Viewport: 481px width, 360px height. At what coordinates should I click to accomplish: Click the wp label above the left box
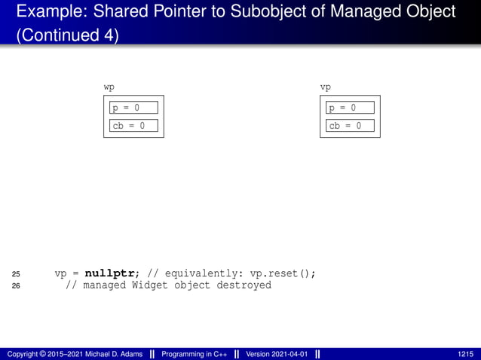pos(109,87)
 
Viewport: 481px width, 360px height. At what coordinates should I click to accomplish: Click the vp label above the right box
pos(326,87)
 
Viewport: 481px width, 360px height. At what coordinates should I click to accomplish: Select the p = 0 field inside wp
pos(133,108)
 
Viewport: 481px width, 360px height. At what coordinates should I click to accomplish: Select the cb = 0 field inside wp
pos(133,126)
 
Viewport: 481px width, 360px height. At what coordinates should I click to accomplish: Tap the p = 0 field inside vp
pos(350,108)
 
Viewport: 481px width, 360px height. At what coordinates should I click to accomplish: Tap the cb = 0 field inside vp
pos(350,126)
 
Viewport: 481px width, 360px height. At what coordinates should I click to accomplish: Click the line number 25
pos(17,273)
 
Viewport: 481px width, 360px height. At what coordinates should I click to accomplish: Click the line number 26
pos(17,285)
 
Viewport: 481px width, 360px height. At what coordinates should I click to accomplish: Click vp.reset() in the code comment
pos(283,273)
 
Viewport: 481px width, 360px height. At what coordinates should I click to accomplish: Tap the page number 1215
pos(465,354)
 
